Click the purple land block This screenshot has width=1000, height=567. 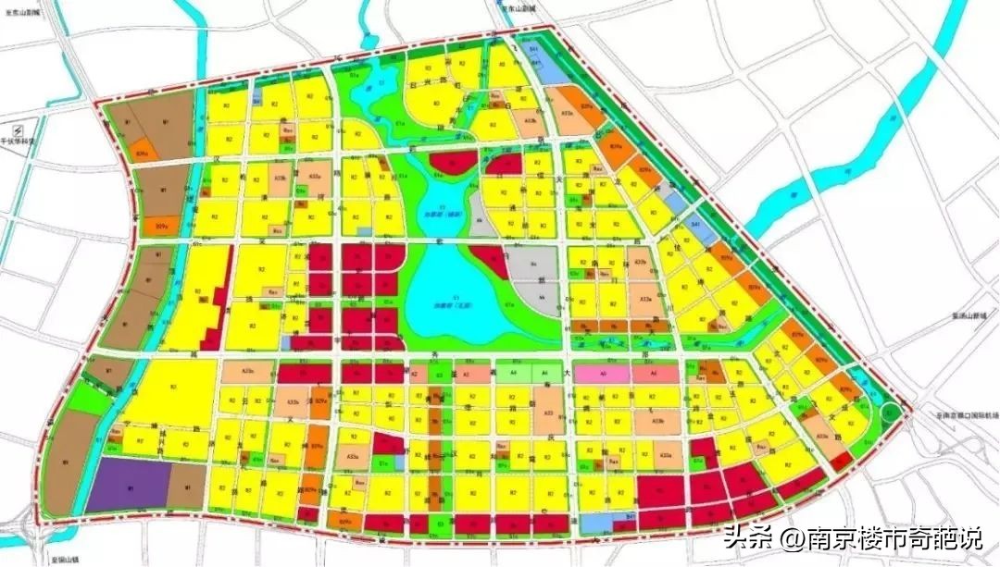(128, 484)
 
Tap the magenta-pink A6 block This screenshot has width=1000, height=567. (602, 374)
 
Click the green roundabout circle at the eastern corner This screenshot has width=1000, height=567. (891, 414)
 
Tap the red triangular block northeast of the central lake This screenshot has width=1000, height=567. (490, 260)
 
